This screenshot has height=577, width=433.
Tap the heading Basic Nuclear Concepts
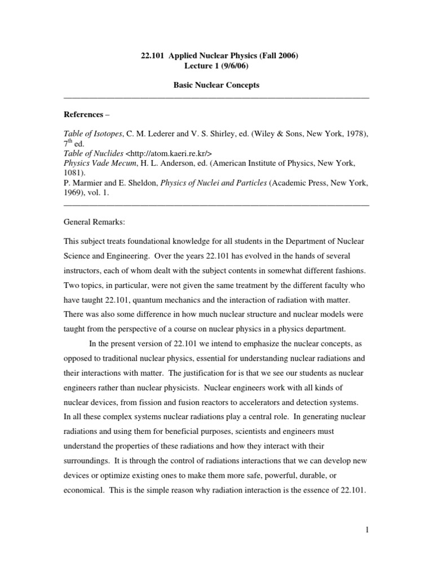pyautogui.click(x=216, y=85)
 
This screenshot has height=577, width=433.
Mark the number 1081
pyautogui.click(x=73, y=172)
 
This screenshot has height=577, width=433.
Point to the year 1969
pyautogui.click(x=73, y=192)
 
